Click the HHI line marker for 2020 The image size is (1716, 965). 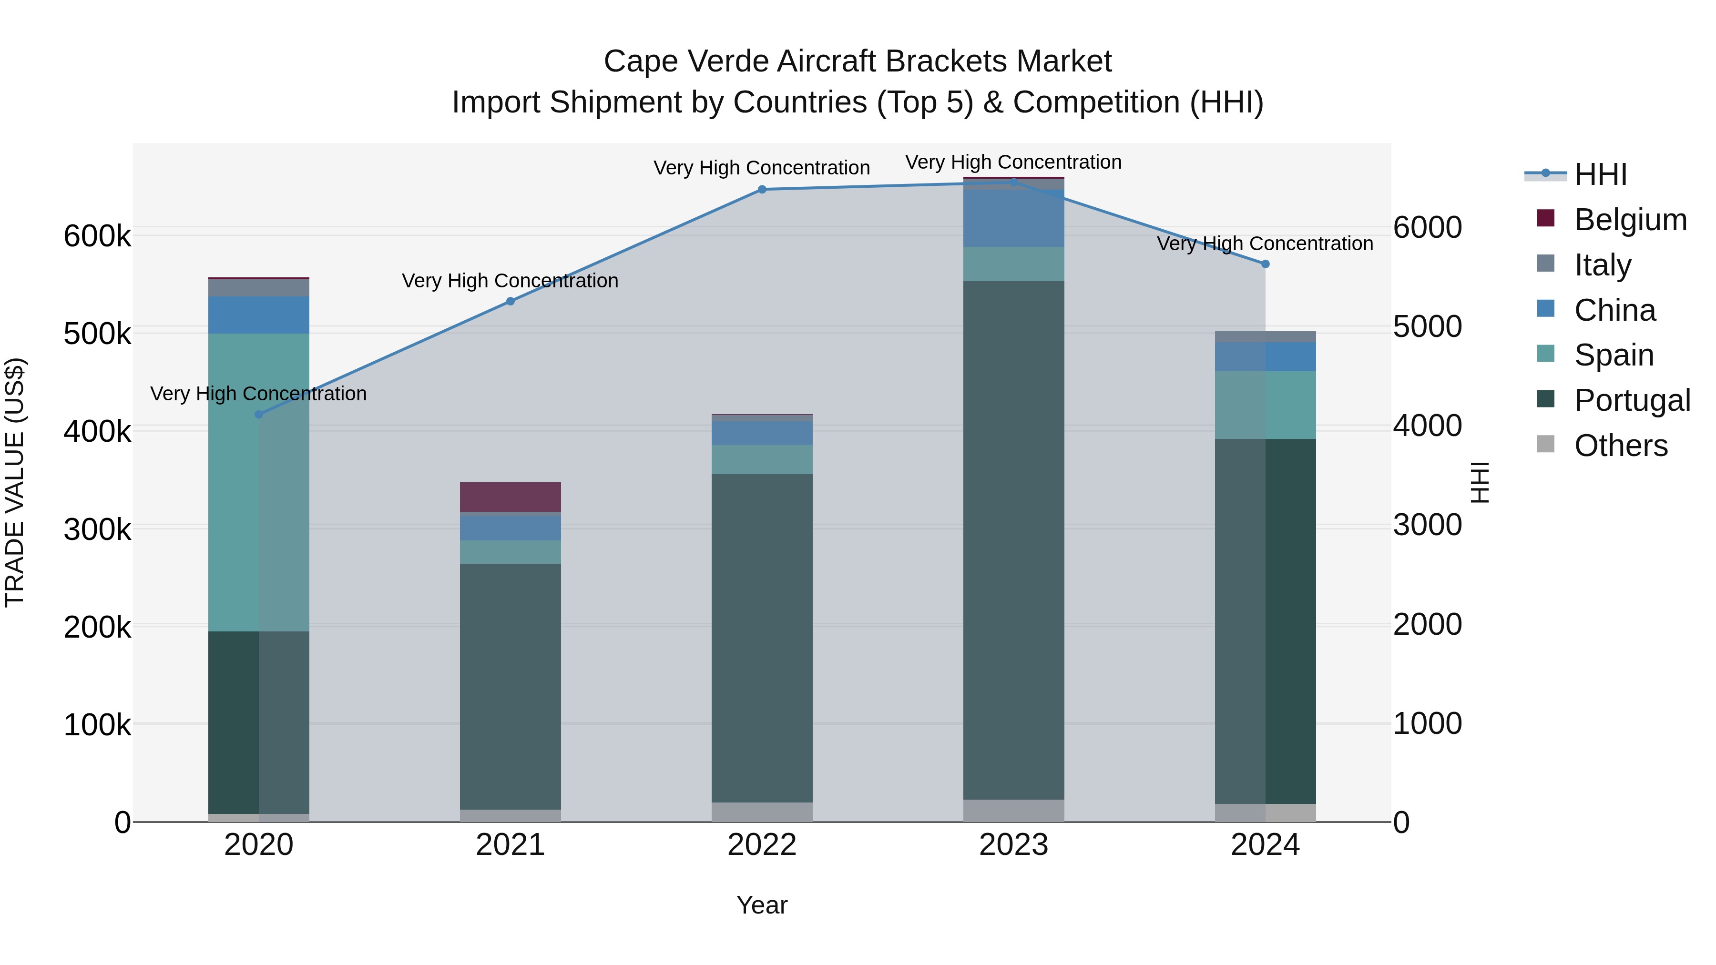point(259,414)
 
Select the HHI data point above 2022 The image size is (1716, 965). point(762,190)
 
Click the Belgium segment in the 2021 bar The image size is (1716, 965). point(510,497)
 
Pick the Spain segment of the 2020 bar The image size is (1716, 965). point(259,482)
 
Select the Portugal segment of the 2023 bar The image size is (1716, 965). point(1013,539)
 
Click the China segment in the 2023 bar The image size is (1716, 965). point(1013,218)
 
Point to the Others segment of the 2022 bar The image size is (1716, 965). point(762,812)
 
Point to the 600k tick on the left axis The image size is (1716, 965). point(97,236)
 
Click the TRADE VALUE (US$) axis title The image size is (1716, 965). point(15,482)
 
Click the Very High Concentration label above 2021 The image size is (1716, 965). point(510,281)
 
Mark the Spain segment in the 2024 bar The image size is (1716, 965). point(1265,405)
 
